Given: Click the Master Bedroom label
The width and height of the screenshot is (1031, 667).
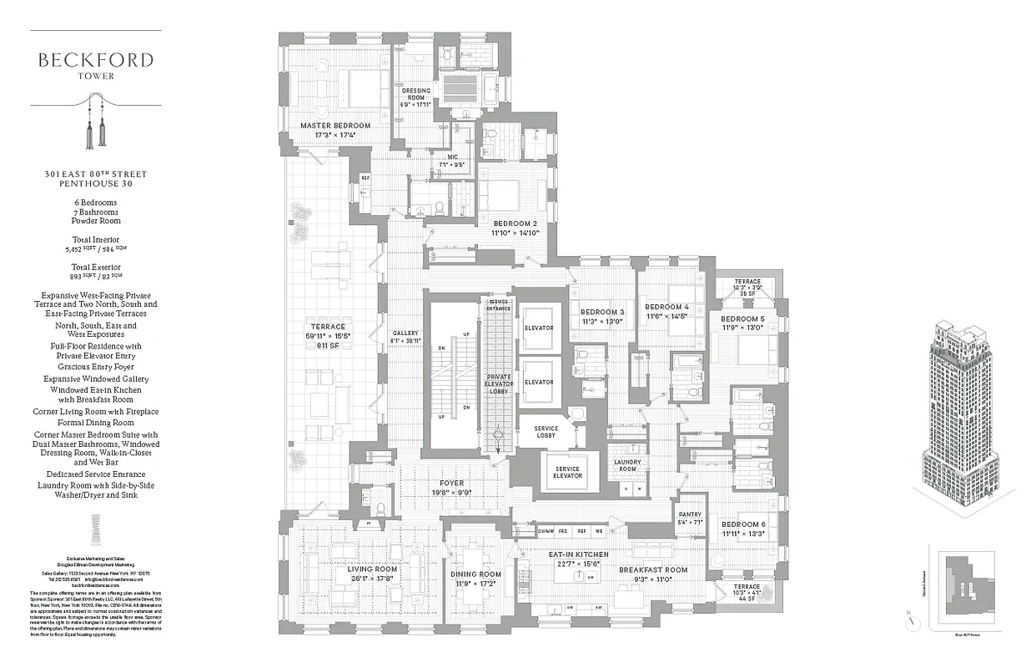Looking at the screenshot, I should click(x=335, y=126).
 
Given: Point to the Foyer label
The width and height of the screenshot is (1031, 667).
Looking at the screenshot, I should click(x=451, y=483).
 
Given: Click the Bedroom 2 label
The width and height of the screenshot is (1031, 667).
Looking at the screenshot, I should click(x=514, y=223).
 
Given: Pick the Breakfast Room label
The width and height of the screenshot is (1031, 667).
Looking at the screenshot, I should click(x=652, y=570).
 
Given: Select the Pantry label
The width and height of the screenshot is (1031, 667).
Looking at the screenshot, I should click(x=690, y=515).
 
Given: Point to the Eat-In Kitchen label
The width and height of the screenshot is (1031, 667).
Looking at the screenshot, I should click(x=578, y=554).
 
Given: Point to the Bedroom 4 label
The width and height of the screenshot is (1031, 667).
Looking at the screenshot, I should click(x=666, y=307).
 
